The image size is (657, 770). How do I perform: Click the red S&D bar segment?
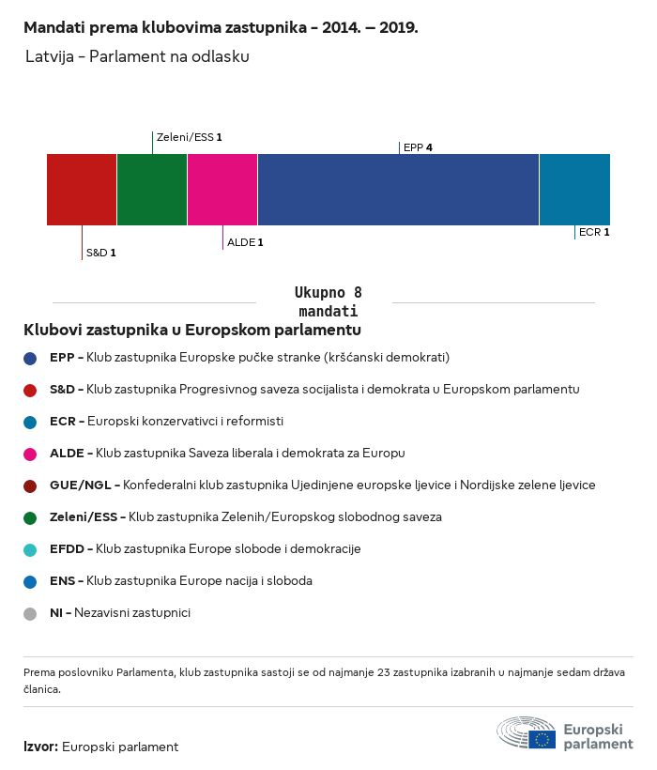(82, 190)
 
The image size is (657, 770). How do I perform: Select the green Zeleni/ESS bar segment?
(152, 190)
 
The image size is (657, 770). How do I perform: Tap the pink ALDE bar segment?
(222, 190)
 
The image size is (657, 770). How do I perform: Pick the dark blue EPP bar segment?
(398, 190)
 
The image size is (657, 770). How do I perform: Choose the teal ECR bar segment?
(574, 190)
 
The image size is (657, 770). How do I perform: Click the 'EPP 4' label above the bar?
(418, 147)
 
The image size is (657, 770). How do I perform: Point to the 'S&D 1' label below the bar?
(101, 253)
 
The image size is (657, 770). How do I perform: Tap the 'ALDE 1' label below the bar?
(245, 242)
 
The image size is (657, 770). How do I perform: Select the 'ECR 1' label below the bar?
(594, 232)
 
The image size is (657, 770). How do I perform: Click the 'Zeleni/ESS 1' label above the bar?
(189, 137)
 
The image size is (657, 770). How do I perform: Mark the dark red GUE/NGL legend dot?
(30, 486)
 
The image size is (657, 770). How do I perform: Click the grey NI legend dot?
(30, 614)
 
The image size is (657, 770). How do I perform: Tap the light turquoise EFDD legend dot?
(30, 550)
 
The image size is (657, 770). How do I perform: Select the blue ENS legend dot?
(30, 582)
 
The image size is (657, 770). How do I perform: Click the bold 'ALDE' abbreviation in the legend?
(67, 453)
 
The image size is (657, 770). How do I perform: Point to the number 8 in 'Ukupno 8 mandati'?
(358, 293)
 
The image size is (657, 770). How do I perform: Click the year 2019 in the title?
(398, 27)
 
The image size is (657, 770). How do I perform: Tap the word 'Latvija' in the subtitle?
(50, 56)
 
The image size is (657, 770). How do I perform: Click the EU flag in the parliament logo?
(542, 739)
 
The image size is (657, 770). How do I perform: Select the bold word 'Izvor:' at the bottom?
(40, 747)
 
